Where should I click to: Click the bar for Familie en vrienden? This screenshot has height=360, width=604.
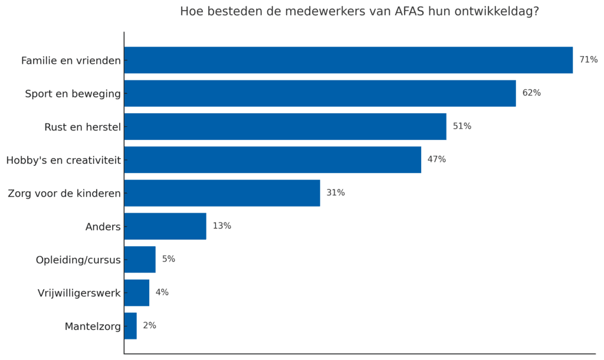point(348,60)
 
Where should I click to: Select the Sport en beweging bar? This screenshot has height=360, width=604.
point(320,93)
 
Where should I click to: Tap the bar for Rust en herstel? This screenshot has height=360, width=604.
point(285,126)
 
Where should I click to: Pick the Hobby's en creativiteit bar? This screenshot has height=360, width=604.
point(273,160)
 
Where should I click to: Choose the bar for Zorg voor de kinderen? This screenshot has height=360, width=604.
point(222,193)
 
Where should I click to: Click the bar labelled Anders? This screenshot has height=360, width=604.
point(165,226)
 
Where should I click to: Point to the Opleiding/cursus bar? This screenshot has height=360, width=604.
point(140,260)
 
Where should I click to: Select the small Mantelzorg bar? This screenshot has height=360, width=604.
point(130,326)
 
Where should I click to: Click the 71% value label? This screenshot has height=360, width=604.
point(588,60)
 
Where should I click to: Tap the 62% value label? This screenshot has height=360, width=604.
point(531,93)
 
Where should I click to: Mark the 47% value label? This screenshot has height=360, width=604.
point(436,160)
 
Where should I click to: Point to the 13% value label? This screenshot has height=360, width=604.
point(222,226)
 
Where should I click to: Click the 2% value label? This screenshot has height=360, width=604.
point(149,326)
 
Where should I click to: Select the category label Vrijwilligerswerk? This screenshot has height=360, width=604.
point(79,293)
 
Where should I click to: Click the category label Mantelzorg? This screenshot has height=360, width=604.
point(93,326)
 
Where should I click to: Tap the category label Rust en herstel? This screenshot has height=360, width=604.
point(83,127)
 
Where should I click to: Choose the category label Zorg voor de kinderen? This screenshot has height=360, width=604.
point(64,194)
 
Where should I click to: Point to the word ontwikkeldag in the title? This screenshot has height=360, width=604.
point(496,12)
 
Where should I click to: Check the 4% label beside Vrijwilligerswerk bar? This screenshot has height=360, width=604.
point(162,293)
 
